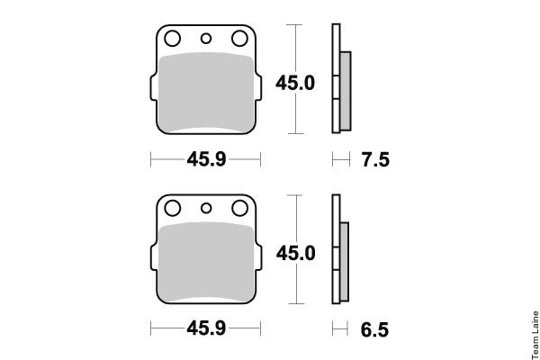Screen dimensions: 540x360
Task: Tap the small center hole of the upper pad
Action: pyautogui.click(x=206, y=38)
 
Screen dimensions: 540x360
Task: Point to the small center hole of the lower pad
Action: pyautogui.click(x=206, y=208)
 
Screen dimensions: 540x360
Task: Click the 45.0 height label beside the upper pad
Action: pyautogui.click(x=295, y=84)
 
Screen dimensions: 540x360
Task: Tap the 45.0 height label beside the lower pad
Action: pyautogui.click(x=295, y=253)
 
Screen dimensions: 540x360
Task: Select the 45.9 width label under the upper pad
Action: pyautogui.click(x=206, y=159)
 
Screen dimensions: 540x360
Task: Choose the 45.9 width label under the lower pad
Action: pyautogui.click(x=206, y=328)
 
